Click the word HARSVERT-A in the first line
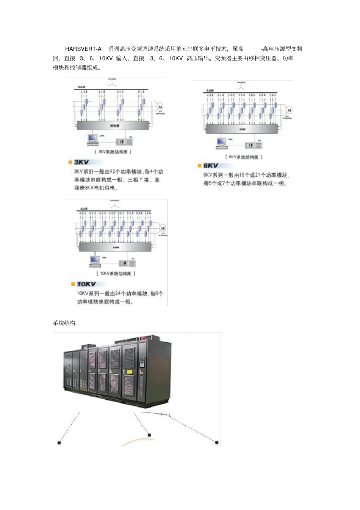83,49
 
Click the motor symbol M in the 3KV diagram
160,107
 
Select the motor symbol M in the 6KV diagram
289,110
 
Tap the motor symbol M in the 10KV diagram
163,228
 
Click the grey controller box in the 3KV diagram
113,126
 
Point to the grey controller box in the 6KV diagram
242,129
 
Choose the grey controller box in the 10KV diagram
115,247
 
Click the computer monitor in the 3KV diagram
92,138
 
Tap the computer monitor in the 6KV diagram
221,141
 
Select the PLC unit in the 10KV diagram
127,263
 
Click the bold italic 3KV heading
81,162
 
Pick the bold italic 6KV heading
211,166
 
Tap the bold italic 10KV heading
86,284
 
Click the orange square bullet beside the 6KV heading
200,166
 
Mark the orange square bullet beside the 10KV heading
73,284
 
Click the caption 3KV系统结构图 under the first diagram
113,152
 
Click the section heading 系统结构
64,323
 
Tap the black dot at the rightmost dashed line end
217,442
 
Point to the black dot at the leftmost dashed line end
59,443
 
